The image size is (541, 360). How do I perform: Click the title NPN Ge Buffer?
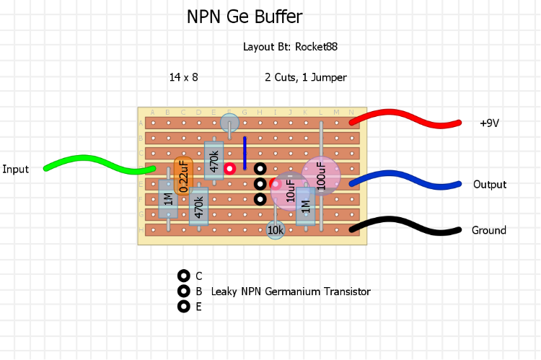pyautogui.click(x=245, y=17)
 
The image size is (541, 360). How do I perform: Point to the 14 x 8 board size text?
pyautogui.click(x=183, y=76)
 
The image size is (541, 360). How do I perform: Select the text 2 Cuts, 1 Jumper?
pyautogui.click(x=306, y=77)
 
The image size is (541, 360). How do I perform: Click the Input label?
pyautogui.click(x=15, y=170)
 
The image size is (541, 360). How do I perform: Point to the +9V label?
pyautogui.click(x=489, y=123)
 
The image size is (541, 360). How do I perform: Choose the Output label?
pyautogui.click(x=490, y=185)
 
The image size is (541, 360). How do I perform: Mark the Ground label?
pyautogui.click(x=489, y=231)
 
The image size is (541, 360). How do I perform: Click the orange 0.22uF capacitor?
pyautogui.click(x=183, y=175)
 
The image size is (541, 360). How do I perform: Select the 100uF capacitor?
pyautogui.click(x=320, y=175)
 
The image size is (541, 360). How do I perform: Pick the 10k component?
pyautogui.click(x=275, y=230)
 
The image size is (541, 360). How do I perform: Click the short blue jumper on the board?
pyautogui.click(x=245, y=152)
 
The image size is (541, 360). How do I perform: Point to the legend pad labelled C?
pyautogui.click(x=183, y=276)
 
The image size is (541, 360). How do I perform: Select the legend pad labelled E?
pyautogui.click(x=183, y=306)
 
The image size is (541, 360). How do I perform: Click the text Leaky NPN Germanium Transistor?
pyautogui.click(x=291, y=291)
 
